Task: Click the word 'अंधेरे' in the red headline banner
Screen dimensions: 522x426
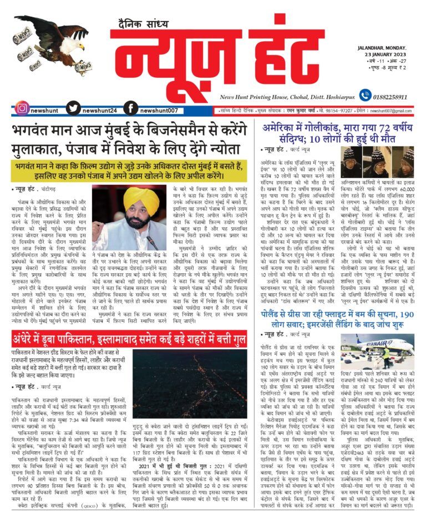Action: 28,337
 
